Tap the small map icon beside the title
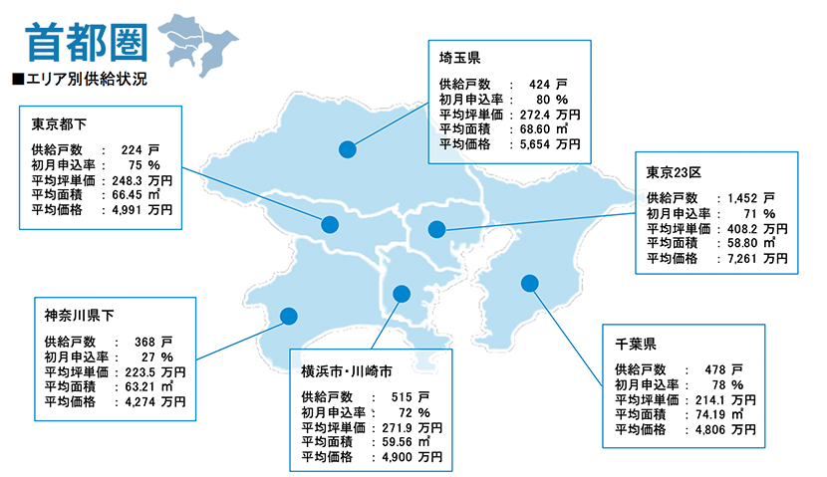[195, 45]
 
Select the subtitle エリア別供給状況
[79, 78]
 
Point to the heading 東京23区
[677, 172]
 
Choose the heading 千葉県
[635, 346]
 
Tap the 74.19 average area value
[712, 414]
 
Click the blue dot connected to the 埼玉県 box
[347, 149]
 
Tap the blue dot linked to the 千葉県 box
[530, 283]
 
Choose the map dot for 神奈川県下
[289, 317]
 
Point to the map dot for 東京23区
[436, 229]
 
